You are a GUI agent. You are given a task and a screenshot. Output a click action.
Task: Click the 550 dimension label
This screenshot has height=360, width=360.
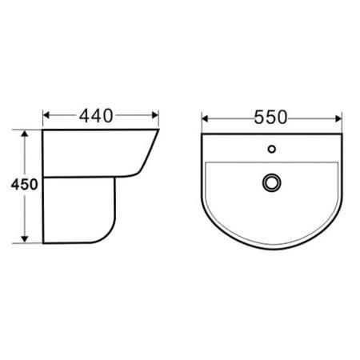pos(271,118)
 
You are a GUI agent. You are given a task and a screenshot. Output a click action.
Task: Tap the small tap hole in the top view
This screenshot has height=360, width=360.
pos(271,149)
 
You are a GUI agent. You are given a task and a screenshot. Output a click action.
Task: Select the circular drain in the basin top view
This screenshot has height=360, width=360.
pos(270,183)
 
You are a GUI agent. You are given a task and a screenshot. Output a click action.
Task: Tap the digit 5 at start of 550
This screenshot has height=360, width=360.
pos(259,118)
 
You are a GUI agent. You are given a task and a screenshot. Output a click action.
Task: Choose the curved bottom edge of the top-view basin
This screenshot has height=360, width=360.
pos(271,242)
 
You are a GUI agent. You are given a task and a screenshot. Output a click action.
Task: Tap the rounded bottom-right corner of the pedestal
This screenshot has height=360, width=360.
pos(109,234)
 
